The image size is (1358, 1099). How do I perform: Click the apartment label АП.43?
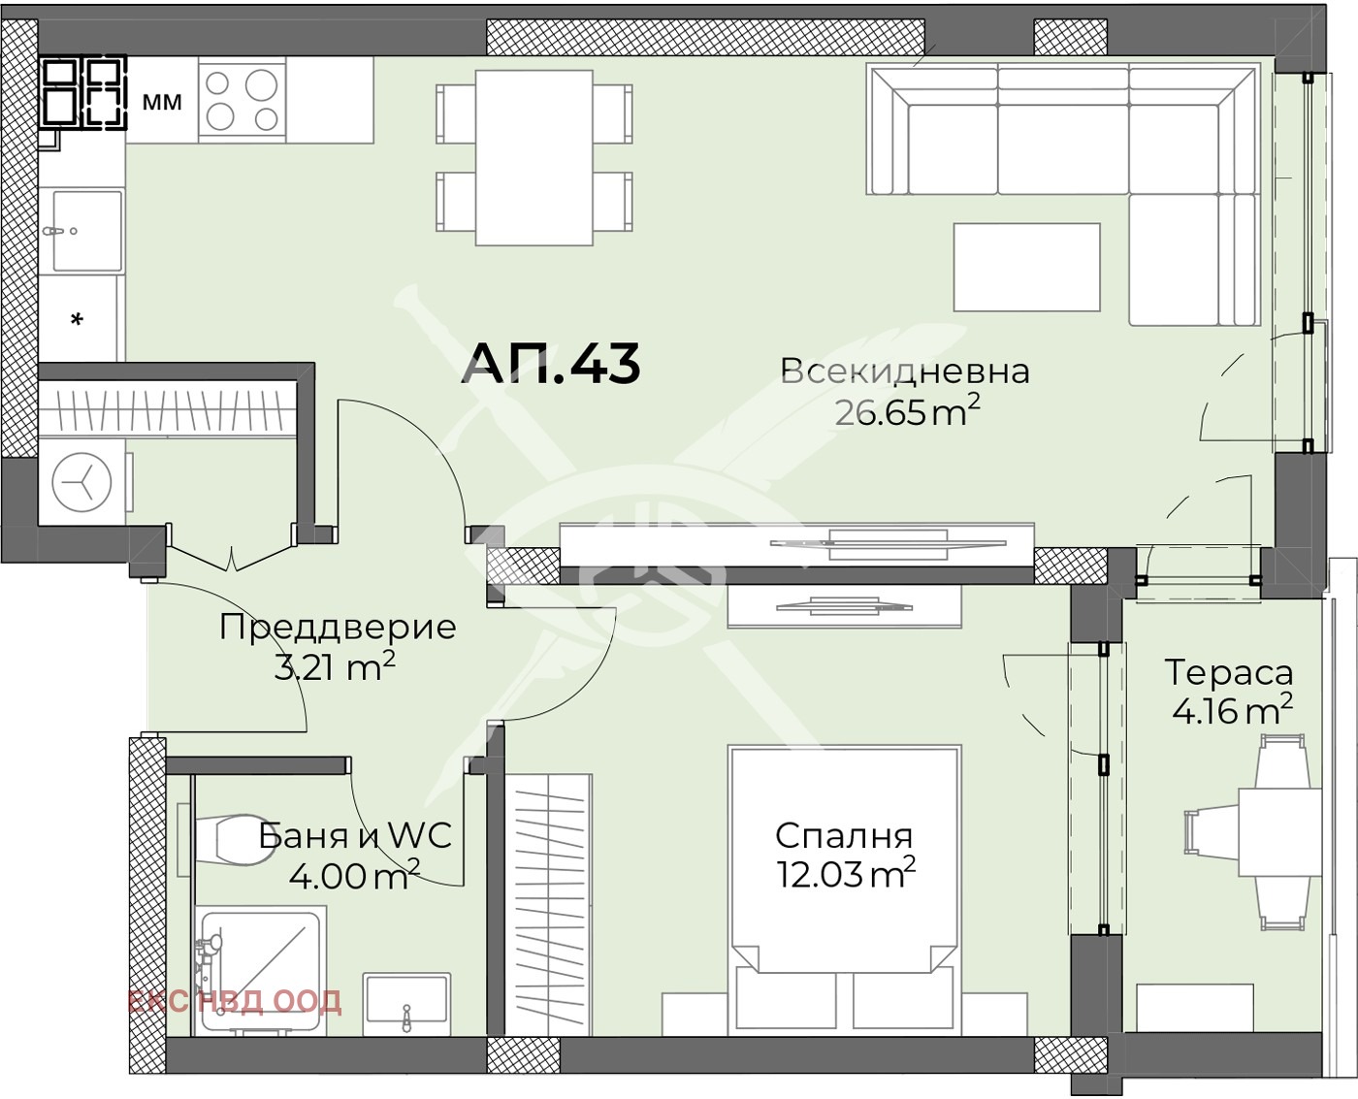(x=550, y=365)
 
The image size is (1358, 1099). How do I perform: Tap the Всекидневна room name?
(x=904, y=372)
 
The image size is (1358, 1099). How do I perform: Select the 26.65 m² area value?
(x=906, y=412)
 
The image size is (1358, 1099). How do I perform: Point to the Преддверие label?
(x=338, y=628)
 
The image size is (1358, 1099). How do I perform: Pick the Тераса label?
(x=1228, y=672)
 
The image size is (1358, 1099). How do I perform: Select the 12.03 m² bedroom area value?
(x=845, y=874)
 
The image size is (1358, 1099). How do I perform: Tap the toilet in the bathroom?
(x=229, y=840)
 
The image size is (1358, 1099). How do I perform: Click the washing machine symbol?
(x=81, y=482)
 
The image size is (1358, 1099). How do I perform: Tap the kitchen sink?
(x=86, y=230)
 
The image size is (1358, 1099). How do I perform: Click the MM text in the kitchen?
(x=162, y=102)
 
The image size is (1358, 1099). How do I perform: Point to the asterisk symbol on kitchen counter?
(x=78, y=319)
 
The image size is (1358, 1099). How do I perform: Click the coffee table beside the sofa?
(x=1026, y=267)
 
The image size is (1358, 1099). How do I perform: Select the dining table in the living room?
(x=533, y=158)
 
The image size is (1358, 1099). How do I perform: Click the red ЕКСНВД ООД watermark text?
(x=234, y=1001)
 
